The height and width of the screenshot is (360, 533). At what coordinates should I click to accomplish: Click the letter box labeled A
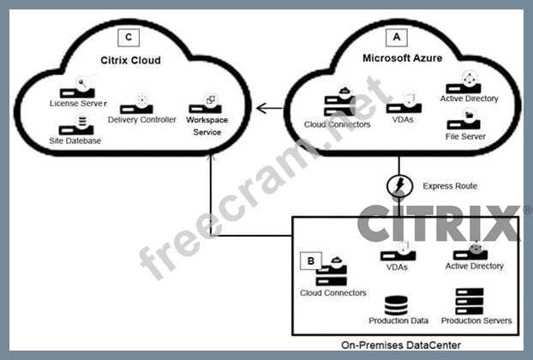click(396, 38)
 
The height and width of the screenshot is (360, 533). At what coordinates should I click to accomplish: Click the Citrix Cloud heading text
click(130, 61)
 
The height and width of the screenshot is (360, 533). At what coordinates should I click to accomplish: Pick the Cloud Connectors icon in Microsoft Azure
click(337, 105)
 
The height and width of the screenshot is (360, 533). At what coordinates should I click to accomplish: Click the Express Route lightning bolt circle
click(398, 186)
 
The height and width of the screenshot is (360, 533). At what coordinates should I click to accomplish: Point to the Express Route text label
click(450, 186)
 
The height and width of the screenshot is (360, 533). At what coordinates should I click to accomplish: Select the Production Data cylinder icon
click(396, 305)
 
